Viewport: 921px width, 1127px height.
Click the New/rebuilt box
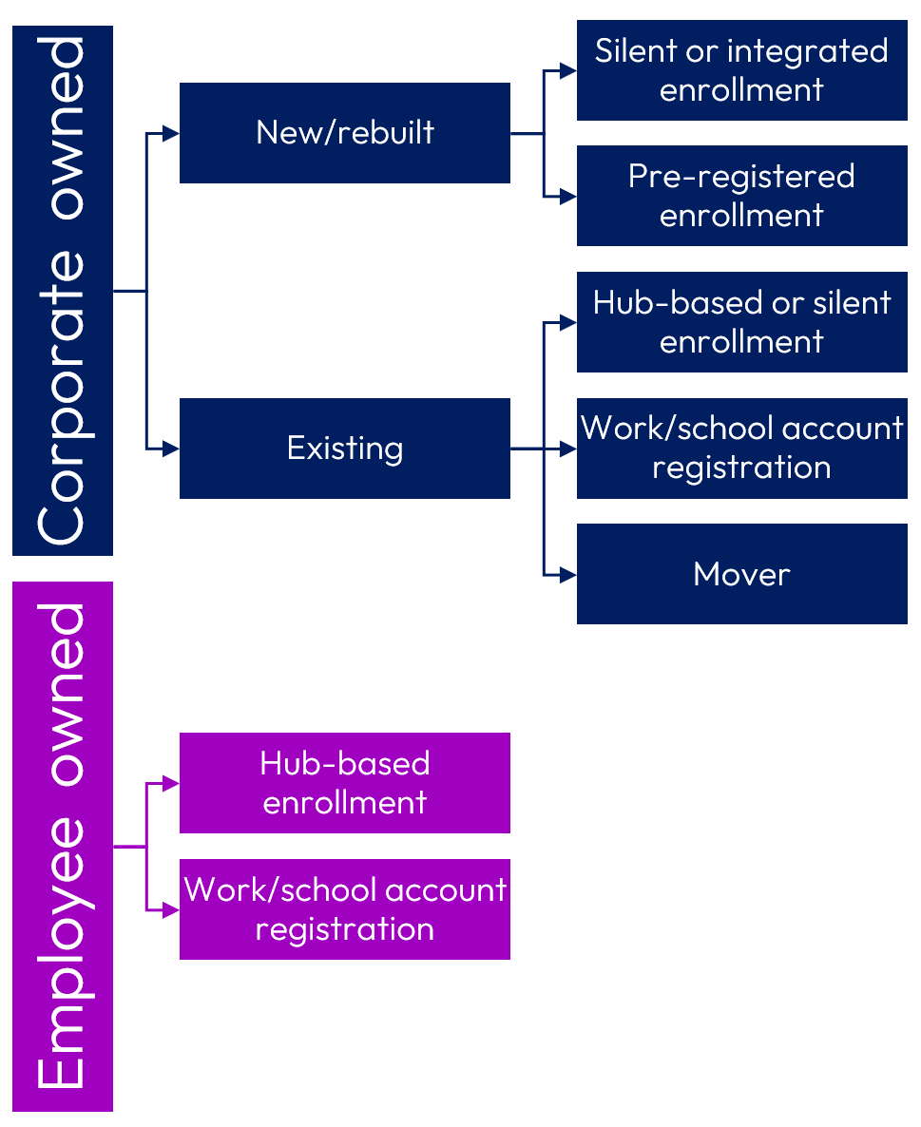click(344, 133)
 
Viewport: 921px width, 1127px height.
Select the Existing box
click(344, 449)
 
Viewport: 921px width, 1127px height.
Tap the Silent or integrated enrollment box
click(741, 70)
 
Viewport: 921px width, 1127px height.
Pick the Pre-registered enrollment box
click(741, 196)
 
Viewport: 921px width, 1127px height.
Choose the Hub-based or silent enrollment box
click(741, 322)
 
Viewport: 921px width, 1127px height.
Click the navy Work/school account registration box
click(741, 449)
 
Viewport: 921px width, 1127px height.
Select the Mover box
click(741, 574)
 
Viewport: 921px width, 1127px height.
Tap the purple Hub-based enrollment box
click(344, 783)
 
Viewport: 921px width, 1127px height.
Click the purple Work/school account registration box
click(344, 909)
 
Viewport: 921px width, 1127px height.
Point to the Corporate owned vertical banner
click(63, 291)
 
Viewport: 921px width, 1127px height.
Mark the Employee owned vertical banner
click(63, 846)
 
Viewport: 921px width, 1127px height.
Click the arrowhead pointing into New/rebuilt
click(171, 133)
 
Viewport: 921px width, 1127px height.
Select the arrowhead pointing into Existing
click(171, 449)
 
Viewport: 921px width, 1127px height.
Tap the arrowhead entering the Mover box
click(568, 574)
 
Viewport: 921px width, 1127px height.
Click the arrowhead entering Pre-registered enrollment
click(568, 197)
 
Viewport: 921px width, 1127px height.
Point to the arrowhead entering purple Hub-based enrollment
click(171, 784)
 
